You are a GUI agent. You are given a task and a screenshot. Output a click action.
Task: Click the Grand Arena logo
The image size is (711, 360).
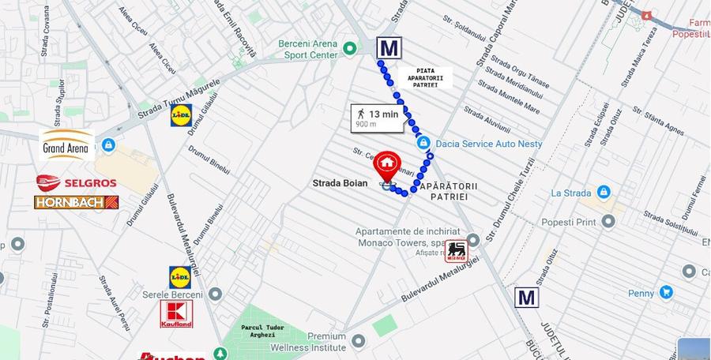click(x=66, y=145)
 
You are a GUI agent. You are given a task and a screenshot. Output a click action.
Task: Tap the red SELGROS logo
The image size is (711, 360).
click(x=76, y=183)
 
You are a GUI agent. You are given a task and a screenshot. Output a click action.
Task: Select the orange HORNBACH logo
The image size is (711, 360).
click(x=76, y=202)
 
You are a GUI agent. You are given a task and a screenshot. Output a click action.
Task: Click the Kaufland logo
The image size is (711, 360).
click(x=176, y=313)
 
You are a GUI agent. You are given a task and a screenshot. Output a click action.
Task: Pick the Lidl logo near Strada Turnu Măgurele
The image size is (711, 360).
click(x=182, y=116)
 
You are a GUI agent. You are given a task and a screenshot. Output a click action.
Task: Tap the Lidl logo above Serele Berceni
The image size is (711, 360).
click(x=180, y=277)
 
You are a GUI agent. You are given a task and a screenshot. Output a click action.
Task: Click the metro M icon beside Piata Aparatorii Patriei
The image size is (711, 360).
click(x=388, y=48)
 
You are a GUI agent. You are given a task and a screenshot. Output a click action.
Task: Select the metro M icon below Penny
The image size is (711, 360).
click(x=526, y=298)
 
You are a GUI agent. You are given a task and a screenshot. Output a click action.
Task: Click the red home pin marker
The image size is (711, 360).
click(x=386, y=164)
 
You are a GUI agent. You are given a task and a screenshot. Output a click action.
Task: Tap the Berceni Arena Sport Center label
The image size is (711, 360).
click(x=307, y=50)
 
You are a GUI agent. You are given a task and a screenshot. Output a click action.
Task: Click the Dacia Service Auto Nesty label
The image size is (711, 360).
click(x=489, y=144)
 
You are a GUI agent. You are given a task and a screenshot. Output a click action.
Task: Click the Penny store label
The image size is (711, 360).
click(x=641, y=294)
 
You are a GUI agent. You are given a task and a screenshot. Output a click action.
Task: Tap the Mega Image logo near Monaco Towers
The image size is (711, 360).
click(x=457, y=252)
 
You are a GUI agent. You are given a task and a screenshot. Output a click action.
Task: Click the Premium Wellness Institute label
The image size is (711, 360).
click(x=305, y=341)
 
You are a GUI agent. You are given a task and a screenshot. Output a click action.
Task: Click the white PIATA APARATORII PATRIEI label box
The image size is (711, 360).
click(x=424, y=77)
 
